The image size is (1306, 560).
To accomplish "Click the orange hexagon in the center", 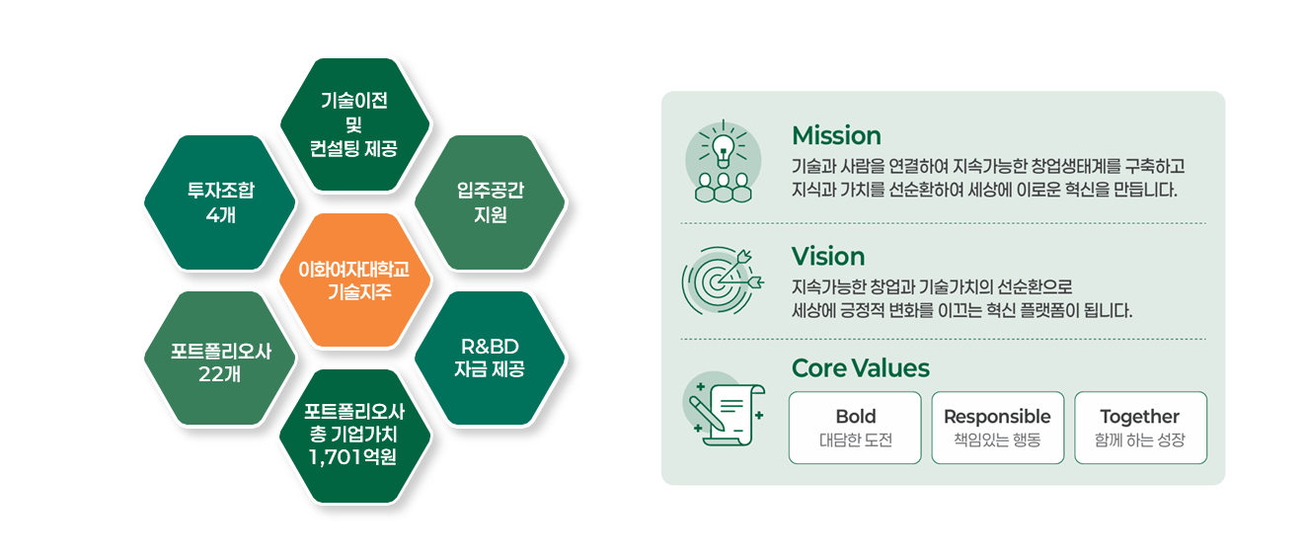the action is [x=355, y=280].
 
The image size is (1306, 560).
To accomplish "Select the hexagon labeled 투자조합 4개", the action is [x=220, y=202].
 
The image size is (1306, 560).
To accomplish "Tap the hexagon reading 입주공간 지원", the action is [x=490, y=202].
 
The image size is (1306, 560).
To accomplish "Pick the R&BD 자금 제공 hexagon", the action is [x=490, y=358].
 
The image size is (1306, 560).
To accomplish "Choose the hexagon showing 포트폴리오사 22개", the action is [x=220, y=358].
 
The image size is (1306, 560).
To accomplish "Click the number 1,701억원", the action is [x=352, y=456].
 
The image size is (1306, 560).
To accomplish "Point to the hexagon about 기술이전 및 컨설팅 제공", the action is [x=355, y=124].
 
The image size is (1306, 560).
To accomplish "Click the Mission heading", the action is [x=836, y=136].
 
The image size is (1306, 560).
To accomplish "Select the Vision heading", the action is [x=828, y=257].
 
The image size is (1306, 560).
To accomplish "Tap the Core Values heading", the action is [x=861, y=368].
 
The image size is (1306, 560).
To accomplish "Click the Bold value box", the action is [x=855, y=428].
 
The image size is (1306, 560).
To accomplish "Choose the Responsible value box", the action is [x=998, y=428].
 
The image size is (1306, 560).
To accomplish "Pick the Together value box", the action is [x=1140, y=428].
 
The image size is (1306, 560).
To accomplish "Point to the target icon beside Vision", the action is [x=723, y=281].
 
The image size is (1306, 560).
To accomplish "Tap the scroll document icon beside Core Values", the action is [x=725, y=412].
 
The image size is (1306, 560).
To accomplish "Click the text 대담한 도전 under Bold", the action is [x=855, y=440].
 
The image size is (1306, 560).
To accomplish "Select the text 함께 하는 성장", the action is [x=1140, y=440].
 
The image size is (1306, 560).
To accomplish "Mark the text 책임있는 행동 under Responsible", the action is [x=998, y=440].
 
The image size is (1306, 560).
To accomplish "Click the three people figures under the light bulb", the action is [x=723, y=188].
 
